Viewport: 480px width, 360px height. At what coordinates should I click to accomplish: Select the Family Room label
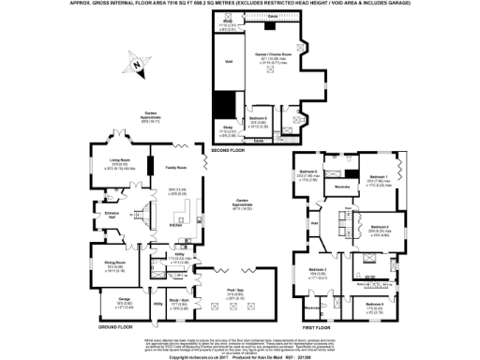(174, 167)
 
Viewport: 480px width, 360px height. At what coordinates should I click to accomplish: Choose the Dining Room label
(115, 262)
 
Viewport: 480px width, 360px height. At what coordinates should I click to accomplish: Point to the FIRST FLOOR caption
(319, 328)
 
